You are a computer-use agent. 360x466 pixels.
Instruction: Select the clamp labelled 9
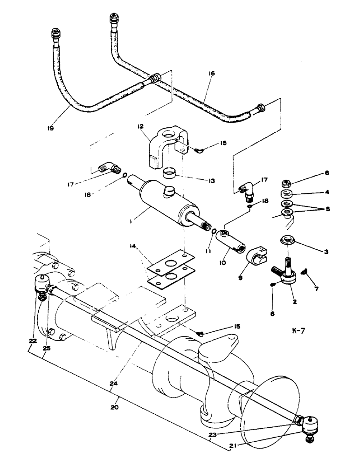(x=256, y=253)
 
